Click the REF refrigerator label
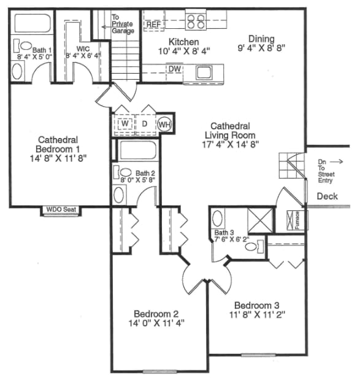tap(154, 25)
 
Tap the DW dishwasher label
tap(175, 69)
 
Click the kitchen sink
tap(204, 72)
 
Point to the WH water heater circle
tap(164, 125)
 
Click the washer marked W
tap(125, 123)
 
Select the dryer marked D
tap(145, 124)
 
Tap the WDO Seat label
tap(61, 209)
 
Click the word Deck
tap(327, 196)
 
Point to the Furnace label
tap(297, 220)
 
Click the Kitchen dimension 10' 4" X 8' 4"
tap(184, 51)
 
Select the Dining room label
tap(261, 39)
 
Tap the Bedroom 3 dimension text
tap(257, 315)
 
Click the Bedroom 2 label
tap(156, 314)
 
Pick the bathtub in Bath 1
tap(33, 23)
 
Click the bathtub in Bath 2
tap(138, 150)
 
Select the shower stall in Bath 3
tap(261, 220)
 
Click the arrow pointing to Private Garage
tap(106, 27)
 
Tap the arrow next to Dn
tap(337, 161)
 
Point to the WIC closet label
tap(83, 49)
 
